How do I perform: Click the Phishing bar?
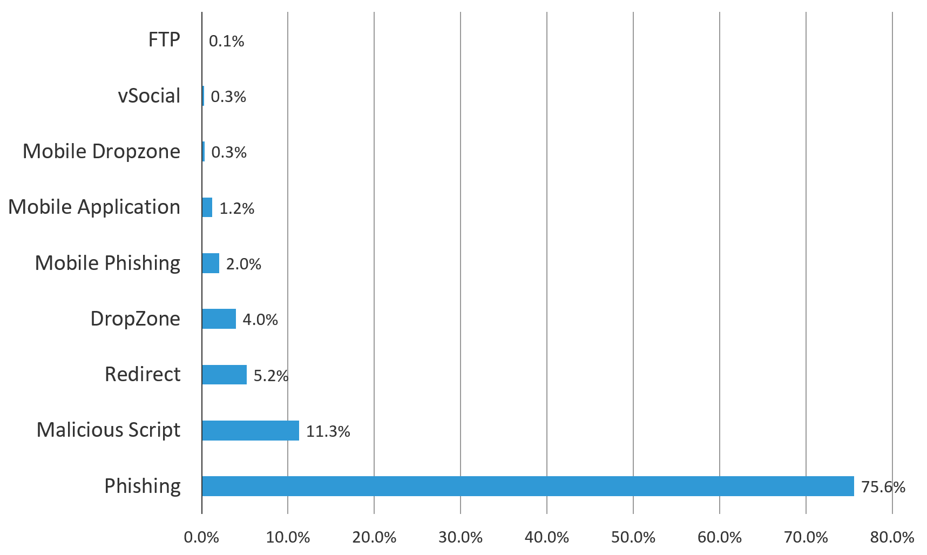[x=527, y=486]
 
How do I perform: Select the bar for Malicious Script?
[x=251, y=430]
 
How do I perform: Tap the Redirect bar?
[x=224, y=375]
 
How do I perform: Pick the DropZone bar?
[x=219, y=319]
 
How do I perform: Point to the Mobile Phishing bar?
[x=211, y=263]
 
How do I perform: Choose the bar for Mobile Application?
[x=207, y=207]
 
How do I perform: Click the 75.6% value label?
[x=883, y=487]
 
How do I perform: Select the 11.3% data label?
[x=328, y=431]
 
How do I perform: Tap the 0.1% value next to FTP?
[x=226, y=41]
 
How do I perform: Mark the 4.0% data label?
[x=260, y=320]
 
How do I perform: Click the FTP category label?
[x=164, y=40]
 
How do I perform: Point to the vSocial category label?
[x=149, y=96]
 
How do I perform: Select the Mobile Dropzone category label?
[x=102, y=151]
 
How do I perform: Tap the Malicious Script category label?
[x=109, y=430]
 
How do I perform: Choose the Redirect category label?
[x=143, y=374]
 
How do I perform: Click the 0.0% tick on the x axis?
[x=201, y=538]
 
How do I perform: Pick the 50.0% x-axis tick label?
[x=633, y=538]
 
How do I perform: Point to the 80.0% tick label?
[x=892, y=538]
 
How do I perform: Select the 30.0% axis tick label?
[x=460, y=538]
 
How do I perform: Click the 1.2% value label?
[x=236, y=208]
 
